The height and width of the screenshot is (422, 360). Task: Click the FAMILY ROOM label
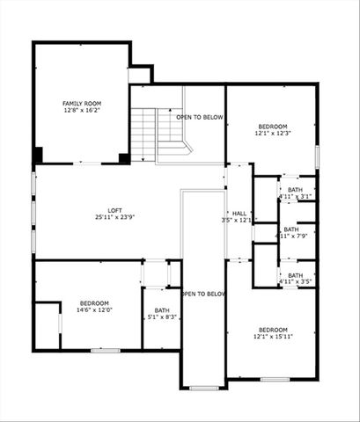(81, 104)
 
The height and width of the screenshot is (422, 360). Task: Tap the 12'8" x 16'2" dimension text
(81, 111)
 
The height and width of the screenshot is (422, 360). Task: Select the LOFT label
(115, 210)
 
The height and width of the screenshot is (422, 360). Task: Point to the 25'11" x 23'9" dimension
(115, 217)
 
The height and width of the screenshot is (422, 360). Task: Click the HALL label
(239, 213)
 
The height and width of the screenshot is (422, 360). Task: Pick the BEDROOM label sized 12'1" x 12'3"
(273, 127)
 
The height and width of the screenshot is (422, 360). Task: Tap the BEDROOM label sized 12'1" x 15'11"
(273, 331)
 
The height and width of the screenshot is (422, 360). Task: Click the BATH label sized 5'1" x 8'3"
(162, 309)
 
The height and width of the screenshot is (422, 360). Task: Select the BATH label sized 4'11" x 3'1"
(295, 189)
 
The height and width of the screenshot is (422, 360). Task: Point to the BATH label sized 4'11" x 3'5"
(295, 275)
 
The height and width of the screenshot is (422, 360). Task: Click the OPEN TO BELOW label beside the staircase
(200, 117)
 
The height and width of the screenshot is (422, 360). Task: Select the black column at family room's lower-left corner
(38, 156)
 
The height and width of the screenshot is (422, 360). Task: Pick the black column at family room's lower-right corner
(124, 158)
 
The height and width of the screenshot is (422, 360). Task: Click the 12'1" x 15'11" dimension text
(273, 338)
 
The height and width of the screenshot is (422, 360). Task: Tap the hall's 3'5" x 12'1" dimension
(239, 220)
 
